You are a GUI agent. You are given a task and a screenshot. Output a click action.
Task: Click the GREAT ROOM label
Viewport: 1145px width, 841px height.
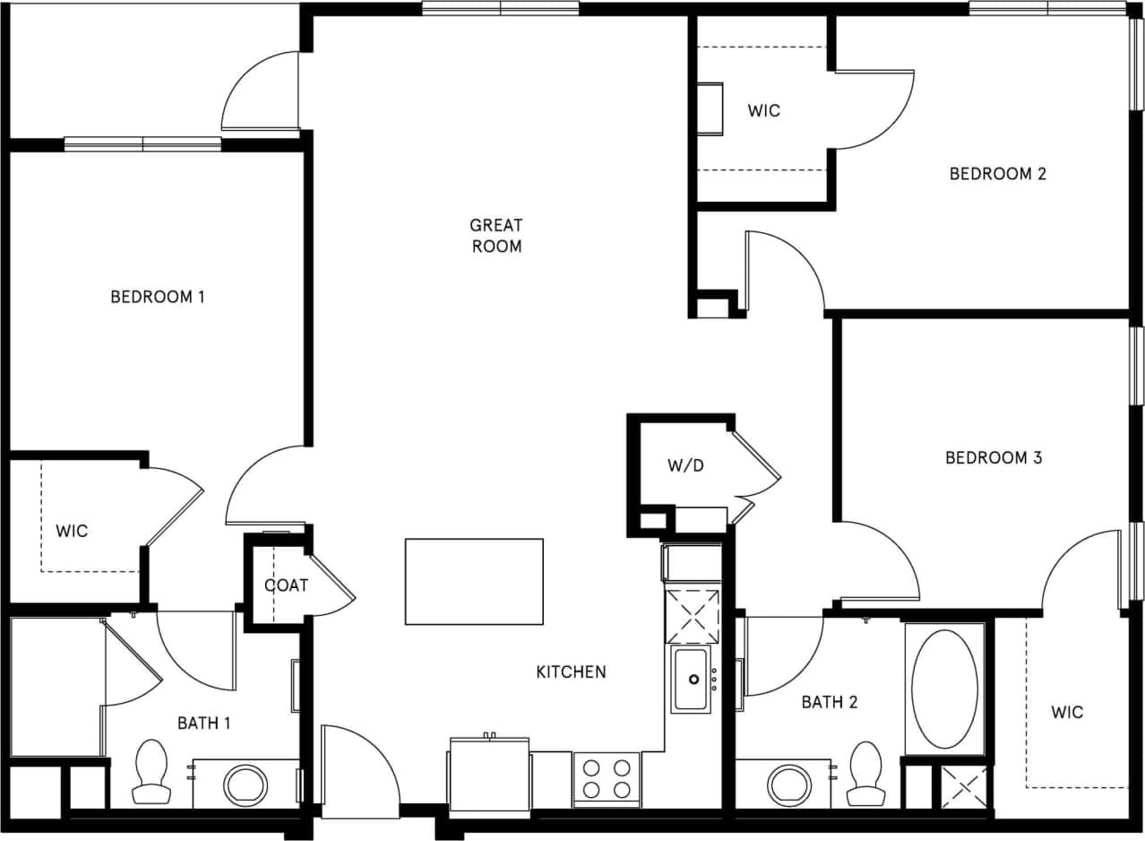point(495,236)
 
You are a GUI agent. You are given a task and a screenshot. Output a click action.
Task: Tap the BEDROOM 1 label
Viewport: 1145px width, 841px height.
point(158,297)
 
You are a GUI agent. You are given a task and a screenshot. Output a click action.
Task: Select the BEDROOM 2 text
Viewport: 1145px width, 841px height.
point(997,174)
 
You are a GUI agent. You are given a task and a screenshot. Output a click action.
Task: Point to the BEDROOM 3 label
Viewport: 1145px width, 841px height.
point(994,458)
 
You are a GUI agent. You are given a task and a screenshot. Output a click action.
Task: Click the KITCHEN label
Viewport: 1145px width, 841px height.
point(571,672)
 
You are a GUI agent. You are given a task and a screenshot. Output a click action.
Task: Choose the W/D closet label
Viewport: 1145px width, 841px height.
point(684,466)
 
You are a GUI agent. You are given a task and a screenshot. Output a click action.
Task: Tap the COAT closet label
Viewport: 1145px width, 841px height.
point(286,585)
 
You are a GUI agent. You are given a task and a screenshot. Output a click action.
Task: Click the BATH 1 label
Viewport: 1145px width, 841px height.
point(203,723)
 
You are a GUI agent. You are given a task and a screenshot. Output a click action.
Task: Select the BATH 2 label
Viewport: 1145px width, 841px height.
point(829,702)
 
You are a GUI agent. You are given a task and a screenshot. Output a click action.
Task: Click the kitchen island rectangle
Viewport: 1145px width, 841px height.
point(474,581)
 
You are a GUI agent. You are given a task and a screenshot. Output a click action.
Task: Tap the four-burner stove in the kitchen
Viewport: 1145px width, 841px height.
point(607,779)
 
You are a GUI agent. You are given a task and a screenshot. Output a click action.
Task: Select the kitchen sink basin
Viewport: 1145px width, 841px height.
point(692,680)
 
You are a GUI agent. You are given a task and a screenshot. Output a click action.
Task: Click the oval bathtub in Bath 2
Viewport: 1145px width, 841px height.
point(944,689)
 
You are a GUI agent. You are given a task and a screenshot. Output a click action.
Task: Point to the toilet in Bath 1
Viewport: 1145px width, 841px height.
point(151,772)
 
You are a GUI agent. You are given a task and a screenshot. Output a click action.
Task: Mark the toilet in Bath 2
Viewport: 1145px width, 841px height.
point(865,774)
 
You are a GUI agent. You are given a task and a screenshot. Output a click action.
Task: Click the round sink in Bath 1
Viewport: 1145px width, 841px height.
point(245,785)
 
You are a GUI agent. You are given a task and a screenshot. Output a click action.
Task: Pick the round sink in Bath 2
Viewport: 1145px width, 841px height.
point(789,785)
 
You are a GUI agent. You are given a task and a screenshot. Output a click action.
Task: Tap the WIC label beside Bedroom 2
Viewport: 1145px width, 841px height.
point(763,111)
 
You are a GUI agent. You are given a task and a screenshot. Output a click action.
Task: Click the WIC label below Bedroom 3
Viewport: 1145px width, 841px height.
point(1067,713)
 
